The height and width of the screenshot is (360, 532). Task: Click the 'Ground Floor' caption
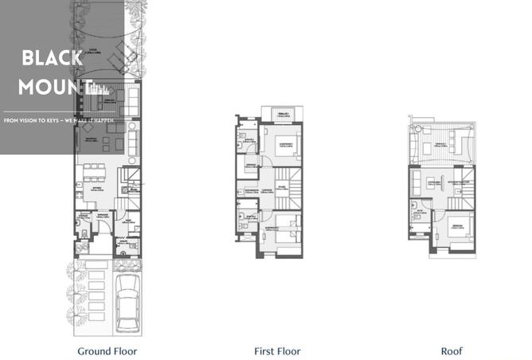coord(108,350)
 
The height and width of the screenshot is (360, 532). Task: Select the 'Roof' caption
coord(452,350)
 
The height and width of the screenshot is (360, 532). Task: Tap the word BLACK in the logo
coord(52,58)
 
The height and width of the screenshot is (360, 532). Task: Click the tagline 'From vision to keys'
coord(40,119)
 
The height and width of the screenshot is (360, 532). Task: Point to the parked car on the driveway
coord(128,304)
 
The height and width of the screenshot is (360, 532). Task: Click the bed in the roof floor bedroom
coord(460,225)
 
